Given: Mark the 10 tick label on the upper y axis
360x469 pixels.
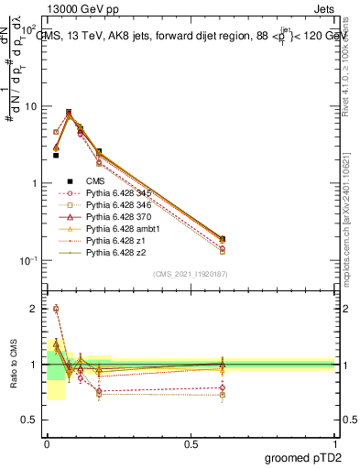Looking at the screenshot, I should [30, 106].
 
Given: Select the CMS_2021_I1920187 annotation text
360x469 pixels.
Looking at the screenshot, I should [191, 274].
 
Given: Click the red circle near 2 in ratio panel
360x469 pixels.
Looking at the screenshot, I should [56, 309].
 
